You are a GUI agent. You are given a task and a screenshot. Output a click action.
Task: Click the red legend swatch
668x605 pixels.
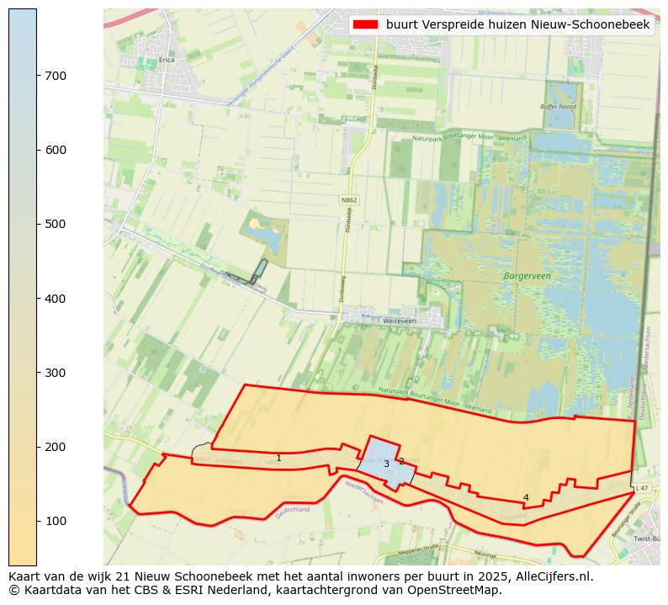367,25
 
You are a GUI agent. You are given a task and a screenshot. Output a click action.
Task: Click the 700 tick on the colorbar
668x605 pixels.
37,76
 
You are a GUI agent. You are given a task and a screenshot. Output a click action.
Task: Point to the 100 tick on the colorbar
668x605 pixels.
37,521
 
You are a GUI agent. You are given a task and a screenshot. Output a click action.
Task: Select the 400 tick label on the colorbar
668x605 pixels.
56,299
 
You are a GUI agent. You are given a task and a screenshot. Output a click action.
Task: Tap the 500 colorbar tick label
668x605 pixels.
56,225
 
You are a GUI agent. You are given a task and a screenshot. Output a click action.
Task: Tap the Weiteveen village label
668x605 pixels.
376,321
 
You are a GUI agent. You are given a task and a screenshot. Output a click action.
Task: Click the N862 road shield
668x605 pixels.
349,200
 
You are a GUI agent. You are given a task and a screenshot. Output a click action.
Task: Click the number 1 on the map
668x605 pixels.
278,459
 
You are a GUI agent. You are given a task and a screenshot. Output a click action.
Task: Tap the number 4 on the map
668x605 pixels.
526,497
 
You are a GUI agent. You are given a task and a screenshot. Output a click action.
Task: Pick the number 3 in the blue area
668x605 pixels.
386,464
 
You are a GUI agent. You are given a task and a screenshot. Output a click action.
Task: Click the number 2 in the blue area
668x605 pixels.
401,461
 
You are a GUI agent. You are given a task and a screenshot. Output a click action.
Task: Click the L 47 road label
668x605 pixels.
642,488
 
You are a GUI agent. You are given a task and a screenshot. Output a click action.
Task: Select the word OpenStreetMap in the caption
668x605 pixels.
455,590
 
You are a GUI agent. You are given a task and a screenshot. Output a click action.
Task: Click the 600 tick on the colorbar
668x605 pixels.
37,150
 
